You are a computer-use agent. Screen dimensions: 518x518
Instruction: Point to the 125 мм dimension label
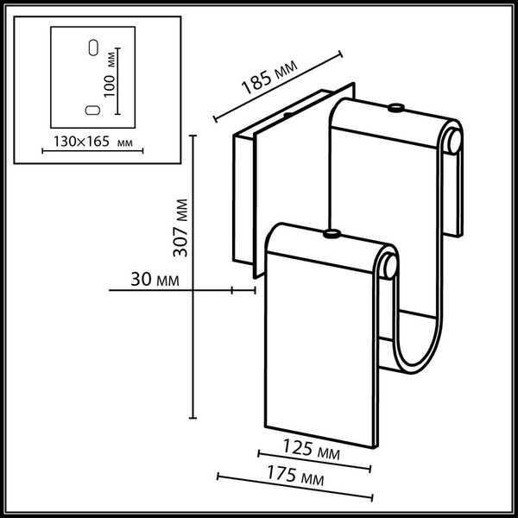(x=312, y=452)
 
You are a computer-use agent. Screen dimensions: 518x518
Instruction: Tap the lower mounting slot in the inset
(x=89, y=110)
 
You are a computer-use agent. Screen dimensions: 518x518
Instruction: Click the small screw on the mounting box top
(x=287, y=114)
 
